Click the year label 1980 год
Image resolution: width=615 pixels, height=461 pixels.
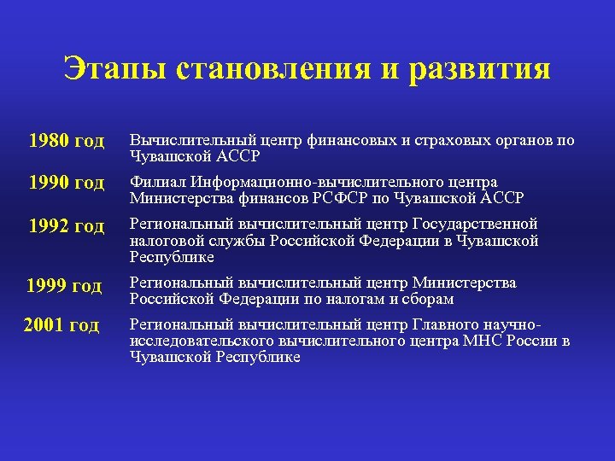66,140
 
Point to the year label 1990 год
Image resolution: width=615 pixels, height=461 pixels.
66,183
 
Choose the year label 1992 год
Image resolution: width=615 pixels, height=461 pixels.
66,226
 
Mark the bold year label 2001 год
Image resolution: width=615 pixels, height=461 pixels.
62,325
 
